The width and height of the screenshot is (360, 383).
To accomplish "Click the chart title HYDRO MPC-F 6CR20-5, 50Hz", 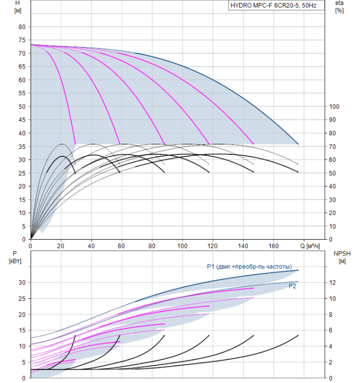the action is pyautogui.click(x=274, y=5).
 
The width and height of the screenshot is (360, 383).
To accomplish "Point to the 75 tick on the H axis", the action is pyautogui.click(x=22, y=40).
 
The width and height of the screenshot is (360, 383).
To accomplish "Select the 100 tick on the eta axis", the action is pyautogui.click(x=334, y=107).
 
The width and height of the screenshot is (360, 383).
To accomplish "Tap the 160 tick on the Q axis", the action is pyautogui.click(x=274, y=246).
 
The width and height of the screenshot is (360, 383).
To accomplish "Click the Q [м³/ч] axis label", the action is pyautogui.click(x=310, y=246).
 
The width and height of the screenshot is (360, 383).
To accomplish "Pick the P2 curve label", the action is pyautogui.click(x=292, y=286).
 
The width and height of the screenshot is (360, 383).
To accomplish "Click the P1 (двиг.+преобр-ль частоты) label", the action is pyautogui.click(x=249, y=266).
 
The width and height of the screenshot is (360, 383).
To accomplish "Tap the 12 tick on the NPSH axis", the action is pyautogui.click(x=332, y=283).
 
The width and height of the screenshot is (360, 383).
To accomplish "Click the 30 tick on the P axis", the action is pyautogui.click(x=22, y=283).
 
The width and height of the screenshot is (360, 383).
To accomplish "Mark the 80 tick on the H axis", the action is pyautogui.click(x=22, y=27).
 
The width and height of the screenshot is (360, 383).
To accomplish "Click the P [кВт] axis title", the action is pyautogui.click(x=15, y=258).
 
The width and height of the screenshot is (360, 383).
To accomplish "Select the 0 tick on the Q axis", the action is pyautogui.click(x=31, y=246).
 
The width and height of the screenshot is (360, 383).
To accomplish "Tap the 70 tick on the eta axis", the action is pyautogui.click(x=333, y=147).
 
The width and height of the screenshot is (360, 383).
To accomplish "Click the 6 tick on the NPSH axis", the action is pyautogui.click(x=330, y=330).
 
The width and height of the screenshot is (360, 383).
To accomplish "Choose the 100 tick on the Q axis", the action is pyautogui.click(x=182, y=246).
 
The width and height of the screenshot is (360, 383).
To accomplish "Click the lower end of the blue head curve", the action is pyautogui.click(x=298, y=144).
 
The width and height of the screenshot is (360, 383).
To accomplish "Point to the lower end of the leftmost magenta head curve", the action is pyautogui.click(x=75, y=144).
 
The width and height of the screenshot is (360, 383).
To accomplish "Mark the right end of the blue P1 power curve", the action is pyautogui.click(x=298, y=270).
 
